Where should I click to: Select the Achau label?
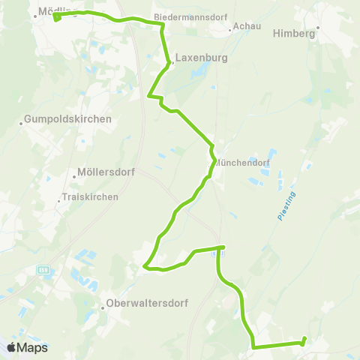click(247, 26)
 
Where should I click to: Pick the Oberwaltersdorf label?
click(147, 304)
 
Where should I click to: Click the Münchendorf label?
click(243, 161)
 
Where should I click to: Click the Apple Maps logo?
click(28, 347)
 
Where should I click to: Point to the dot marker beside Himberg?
click(318, 27)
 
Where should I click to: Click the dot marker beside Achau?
click(229, 31)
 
